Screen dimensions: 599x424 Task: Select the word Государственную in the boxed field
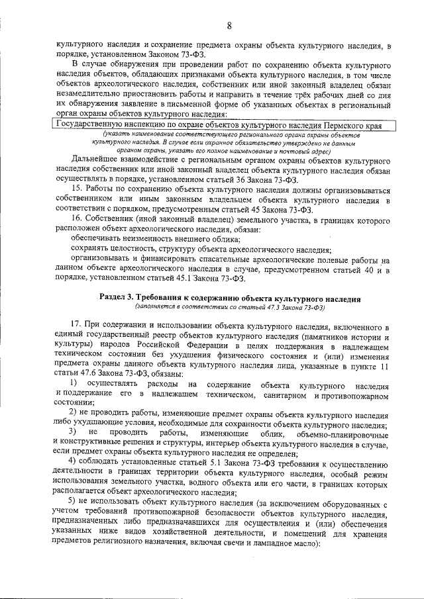tap(91, 124)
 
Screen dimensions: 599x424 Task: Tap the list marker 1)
tap(74, 385)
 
